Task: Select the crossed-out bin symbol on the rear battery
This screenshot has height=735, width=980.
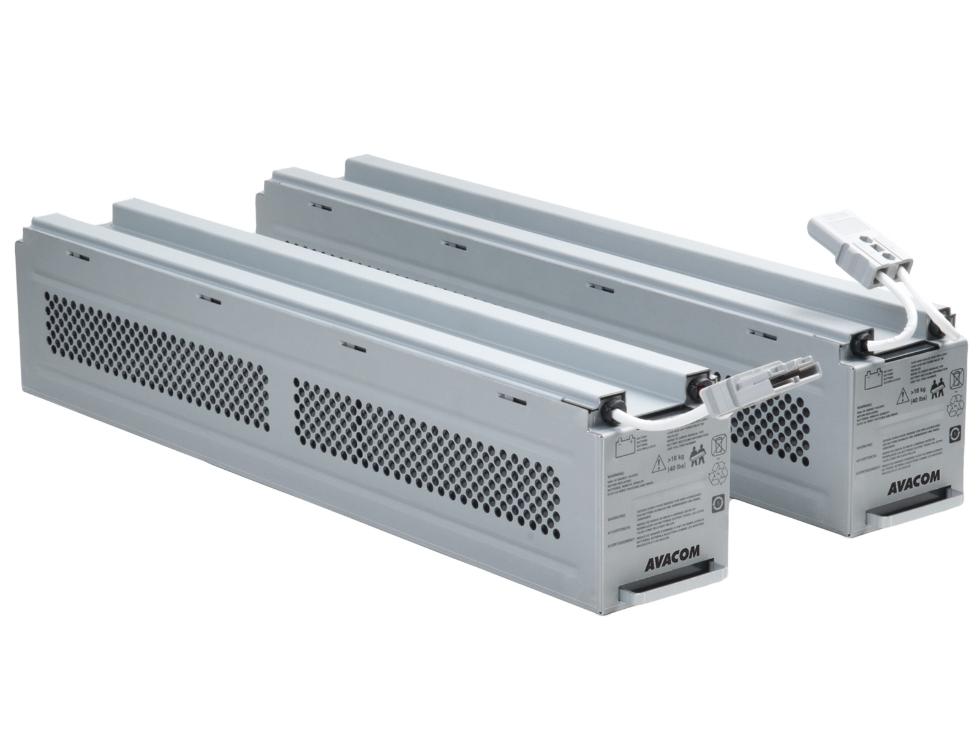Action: pos(955,379)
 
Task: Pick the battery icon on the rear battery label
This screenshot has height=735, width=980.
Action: pos(870,377)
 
